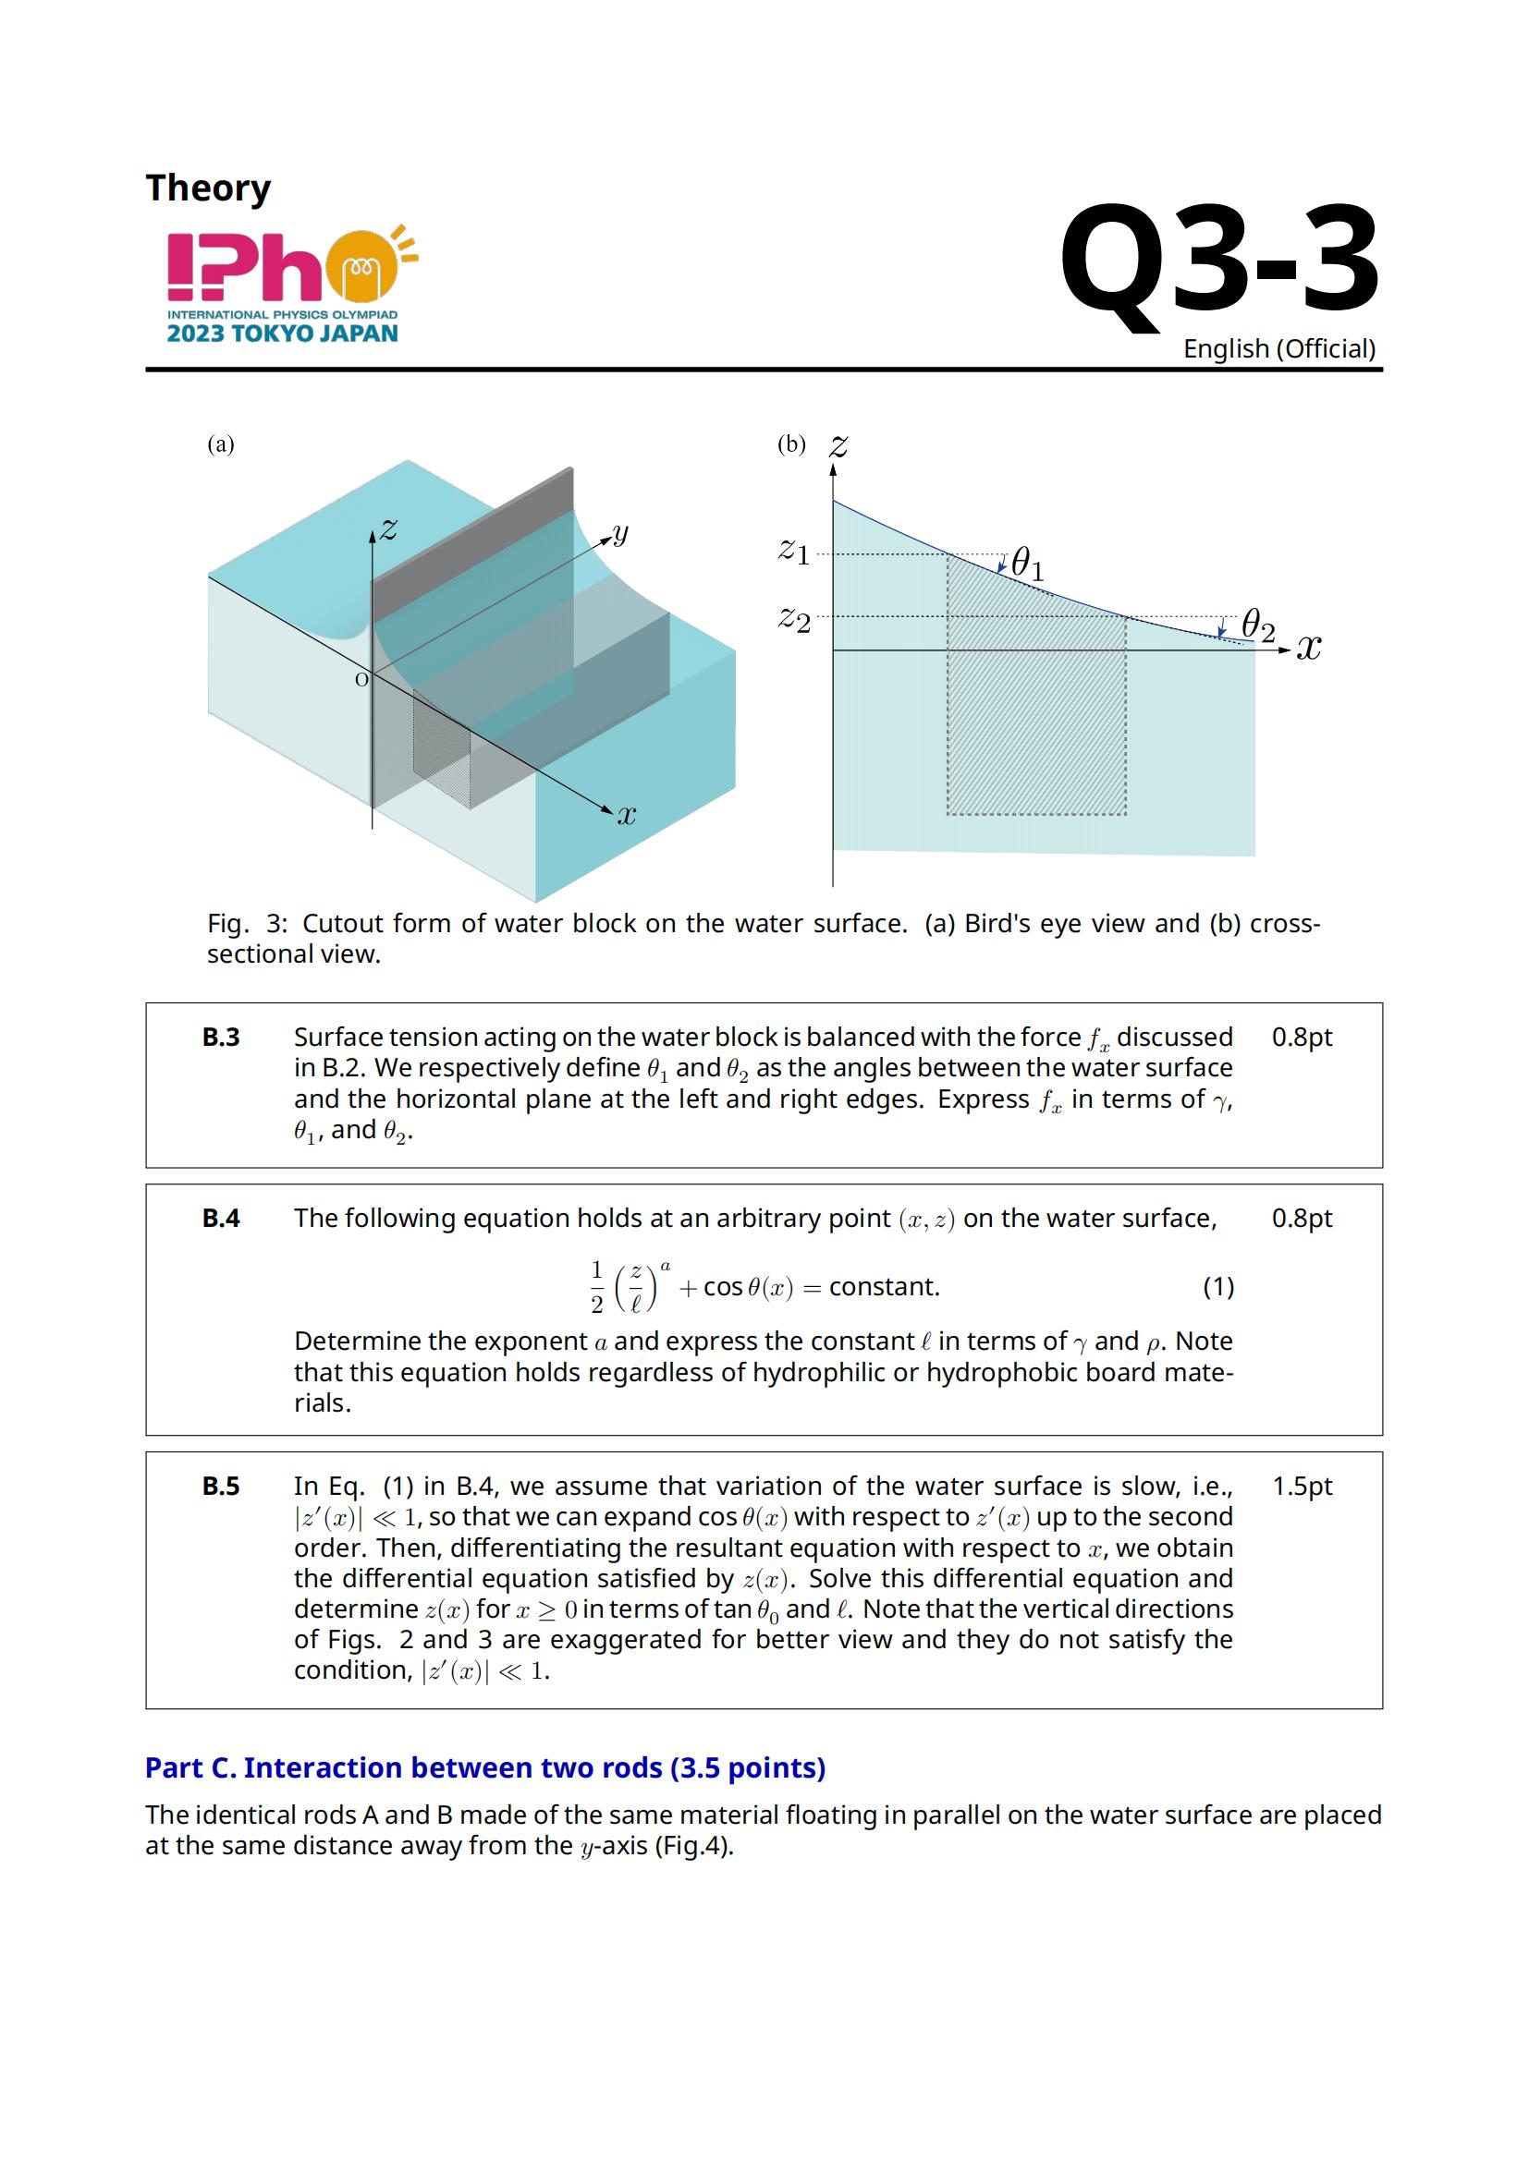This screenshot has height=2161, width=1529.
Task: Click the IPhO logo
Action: tap(292, 285)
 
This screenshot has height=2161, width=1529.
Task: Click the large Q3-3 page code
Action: tap(1219, 261)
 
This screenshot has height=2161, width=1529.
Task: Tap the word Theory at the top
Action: tap(208, 189)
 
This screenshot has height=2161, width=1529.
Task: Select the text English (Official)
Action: tap(1279, 349)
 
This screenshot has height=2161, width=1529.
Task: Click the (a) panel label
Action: tap(221, 444)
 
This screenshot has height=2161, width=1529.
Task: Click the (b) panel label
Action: tap(791, 444)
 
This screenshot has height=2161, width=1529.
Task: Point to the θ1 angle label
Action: tap(1027, 565)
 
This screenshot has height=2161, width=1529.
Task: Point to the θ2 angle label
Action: tap(1258, 624)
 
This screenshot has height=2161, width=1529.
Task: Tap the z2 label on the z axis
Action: tap(794, 619)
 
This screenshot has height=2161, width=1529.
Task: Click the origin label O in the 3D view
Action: tap(361, 680)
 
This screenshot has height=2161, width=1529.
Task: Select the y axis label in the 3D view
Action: tap(619, 535)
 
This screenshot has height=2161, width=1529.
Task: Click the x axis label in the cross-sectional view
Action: tap(1309, 648)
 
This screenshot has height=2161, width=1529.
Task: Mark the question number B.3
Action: tap(221, 1038)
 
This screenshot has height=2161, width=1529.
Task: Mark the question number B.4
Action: tap(221, 1219)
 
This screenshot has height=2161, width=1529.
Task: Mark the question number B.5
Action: tap(221, 1487)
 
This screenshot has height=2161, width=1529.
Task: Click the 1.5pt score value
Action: tap(1303, 1487)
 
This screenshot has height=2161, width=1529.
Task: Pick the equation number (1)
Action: tap(1218, 1287)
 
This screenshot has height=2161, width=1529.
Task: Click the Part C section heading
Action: tap(485, 1768)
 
